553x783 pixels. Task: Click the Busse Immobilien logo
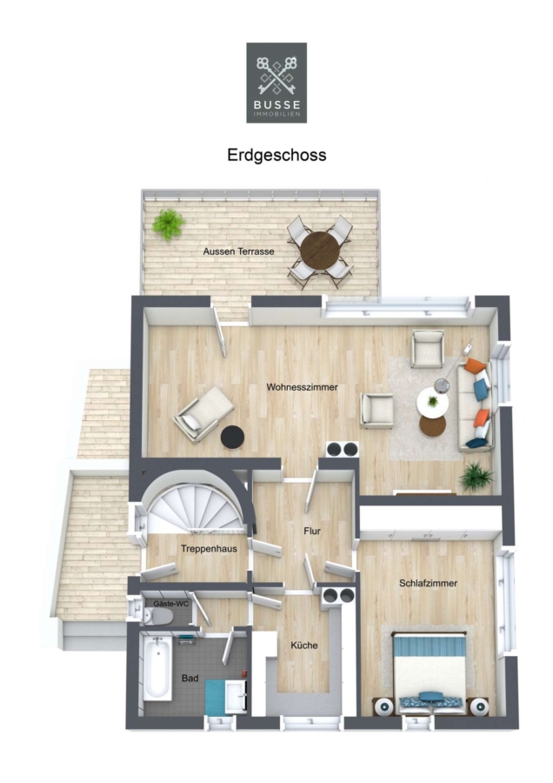276,83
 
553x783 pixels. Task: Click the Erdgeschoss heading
276,155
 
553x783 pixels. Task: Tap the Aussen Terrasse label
238,251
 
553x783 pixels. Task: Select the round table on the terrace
319,251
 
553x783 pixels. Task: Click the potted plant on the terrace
169,224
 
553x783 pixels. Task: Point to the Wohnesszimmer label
302,387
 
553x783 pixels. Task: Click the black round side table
232,438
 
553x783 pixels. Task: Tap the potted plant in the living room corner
476,477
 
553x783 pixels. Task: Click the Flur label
312,531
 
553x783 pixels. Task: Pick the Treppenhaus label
210,549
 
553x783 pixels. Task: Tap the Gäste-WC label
171,604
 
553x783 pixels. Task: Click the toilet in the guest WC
157,617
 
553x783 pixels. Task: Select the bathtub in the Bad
157,667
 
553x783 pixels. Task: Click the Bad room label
190,678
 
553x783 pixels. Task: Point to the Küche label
304,646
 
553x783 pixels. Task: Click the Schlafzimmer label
428,583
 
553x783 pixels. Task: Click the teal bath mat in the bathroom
216,697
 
